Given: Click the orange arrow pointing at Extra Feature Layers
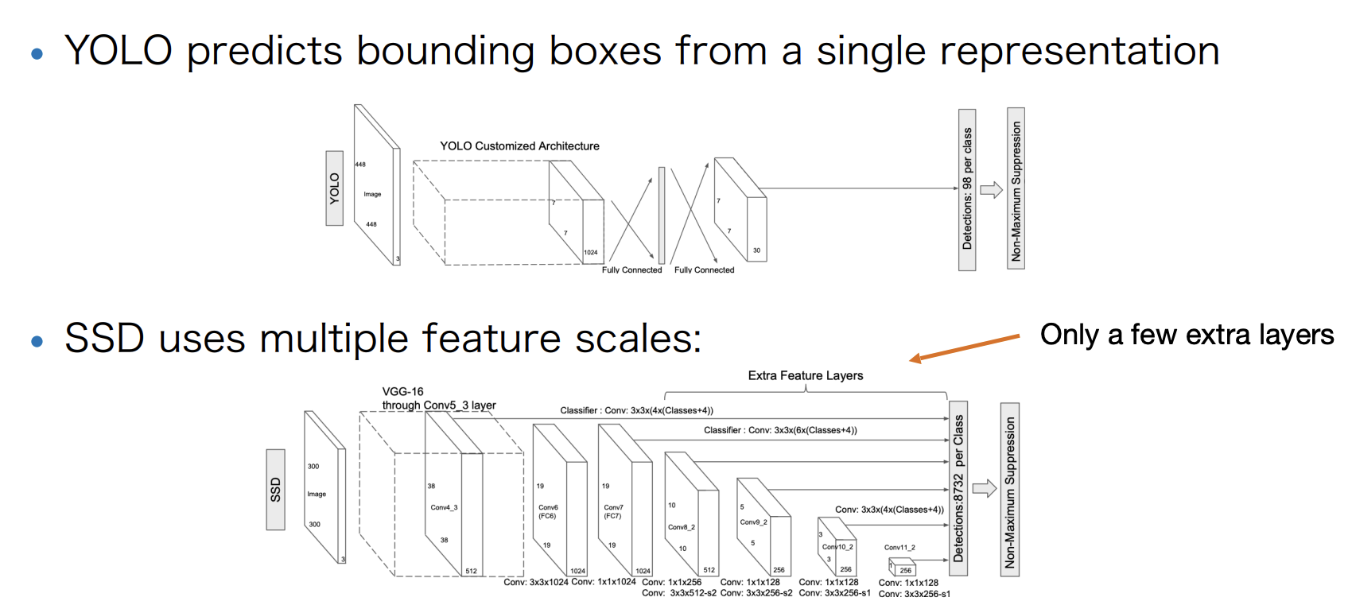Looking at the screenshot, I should (964, 348).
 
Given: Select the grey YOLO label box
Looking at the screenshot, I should (335, 188).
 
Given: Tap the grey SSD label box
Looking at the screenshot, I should (275, 489).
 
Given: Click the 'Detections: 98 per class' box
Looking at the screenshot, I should (967, 189).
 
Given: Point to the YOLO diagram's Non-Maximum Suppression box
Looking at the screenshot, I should (1016, 189).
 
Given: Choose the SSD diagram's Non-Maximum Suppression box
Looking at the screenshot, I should (1010, 490).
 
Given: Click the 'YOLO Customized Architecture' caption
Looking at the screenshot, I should (519, 146).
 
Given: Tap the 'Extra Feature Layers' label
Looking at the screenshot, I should (805, 375).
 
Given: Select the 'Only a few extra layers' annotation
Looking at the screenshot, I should (1187, 335).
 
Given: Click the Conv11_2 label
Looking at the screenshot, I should (899, 548).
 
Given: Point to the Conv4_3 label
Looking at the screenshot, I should (444, 507).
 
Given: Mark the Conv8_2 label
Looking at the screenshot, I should (682, 527).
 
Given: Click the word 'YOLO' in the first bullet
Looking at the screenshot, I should (118, 51).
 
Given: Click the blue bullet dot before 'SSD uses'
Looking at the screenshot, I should (37, 342).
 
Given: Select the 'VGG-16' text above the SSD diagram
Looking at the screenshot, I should (402, 391).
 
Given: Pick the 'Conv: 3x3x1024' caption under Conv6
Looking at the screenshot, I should (535, 583).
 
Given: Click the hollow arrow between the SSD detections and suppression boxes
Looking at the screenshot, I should (985, 488).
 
